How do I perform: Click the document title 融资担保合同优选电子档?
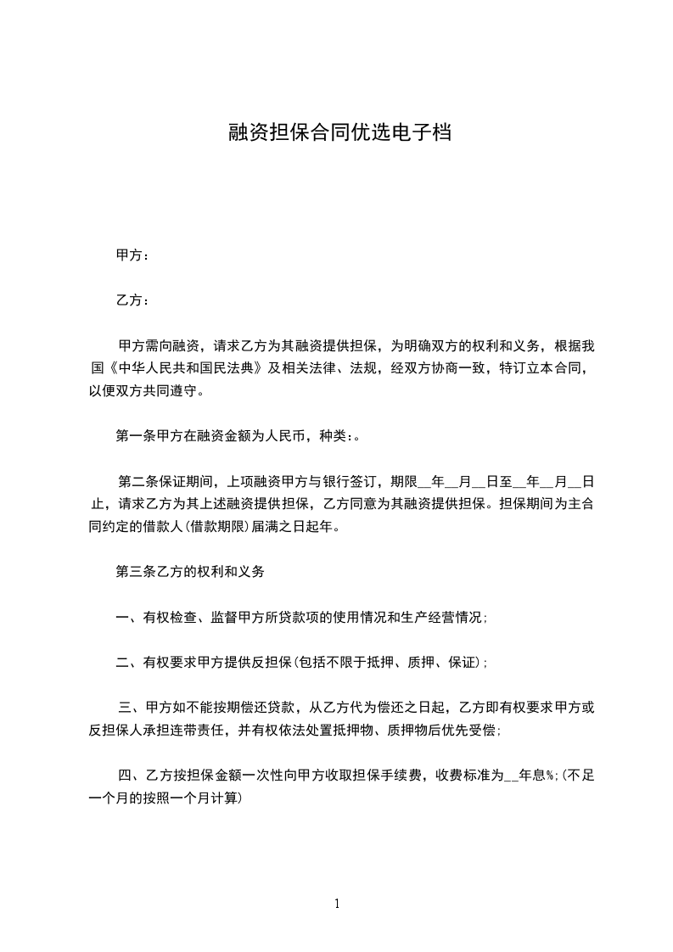pyautogui.click(x=338, y=132)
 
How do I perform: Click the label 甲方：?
pyautogui.click(x=132, y=255)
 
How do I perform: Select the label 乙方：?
pyautogui.click(x=132, y=300)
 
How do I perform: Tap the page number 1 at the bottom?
pyautogui.click(x=337, y=904)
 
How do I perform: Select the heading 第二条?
pyautogui.click(x=140, y=482)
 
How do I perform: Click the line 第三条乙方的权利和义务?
pyautogui.click(x=190, y=573)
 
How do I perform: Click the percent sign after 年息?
pyautogui.click(x=551, y=776)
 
